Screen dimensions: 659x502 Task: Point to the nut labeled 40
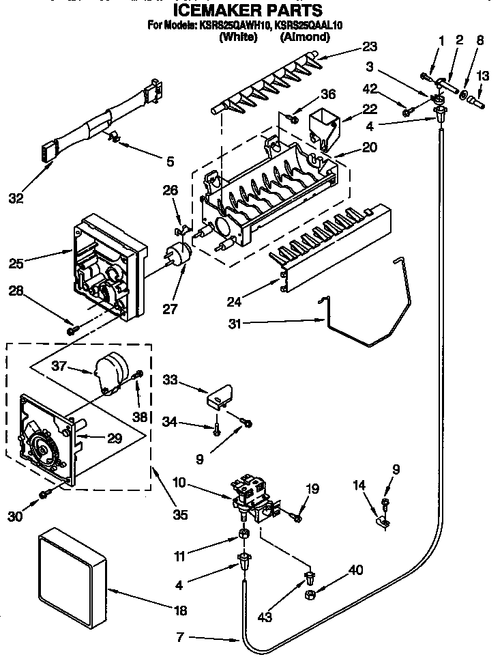tap(309, 597)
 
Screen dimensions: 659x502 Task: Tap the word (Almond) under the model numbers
tap(304, 38)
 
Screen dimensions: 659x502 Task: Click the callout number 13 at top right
tap(483, 76)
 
